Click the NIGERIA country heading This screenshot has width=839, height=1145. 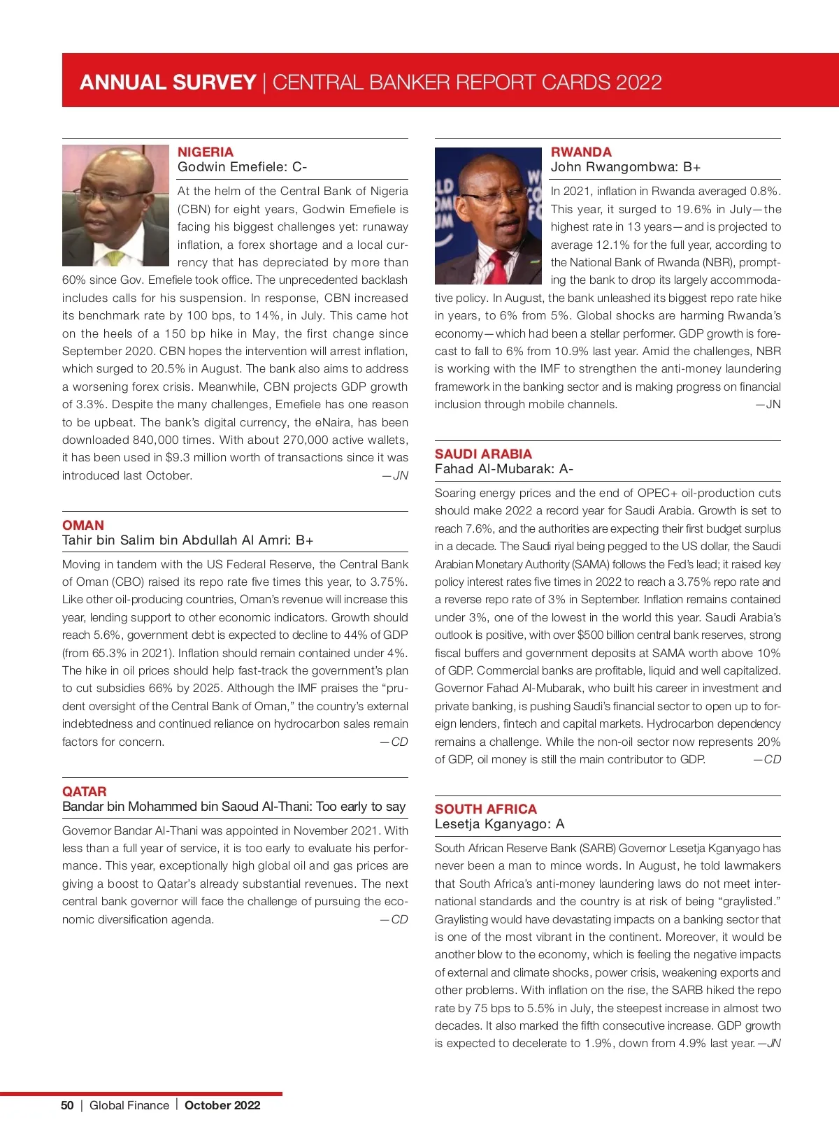[x=206, y=152]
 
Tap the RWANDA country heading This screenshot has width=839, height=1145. [x=581, y=152]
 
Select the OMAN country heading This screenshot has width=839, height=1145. [x=83, y=525]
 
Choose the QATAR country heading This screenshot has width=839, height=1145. [x=85, y=791]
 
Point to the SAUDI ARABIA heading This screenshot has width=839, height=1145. [x=483, y=454]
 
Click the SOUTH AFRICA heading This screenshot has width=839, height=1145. [x=486, y=809]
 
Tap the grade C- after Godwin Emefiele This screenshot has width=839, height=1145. [x=299, y=167]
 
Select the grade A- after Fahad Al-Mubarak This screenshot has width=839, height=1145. [x=566, y=469]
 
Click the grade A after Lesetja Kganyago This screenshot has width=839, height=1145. [x=560, y=824]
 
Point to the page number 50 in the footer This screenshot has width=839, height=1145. [x=67, y=1105]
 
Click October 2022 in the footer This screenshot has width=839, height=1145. [x=222, y=1105]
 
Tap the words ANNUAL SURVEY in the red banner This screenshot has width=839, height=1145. [x=168, y=82]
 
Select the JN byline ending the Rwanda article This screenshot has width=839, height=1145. [x=769, y=405]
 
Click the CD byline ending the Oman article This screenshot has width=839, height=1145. [x=395, y=742]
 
